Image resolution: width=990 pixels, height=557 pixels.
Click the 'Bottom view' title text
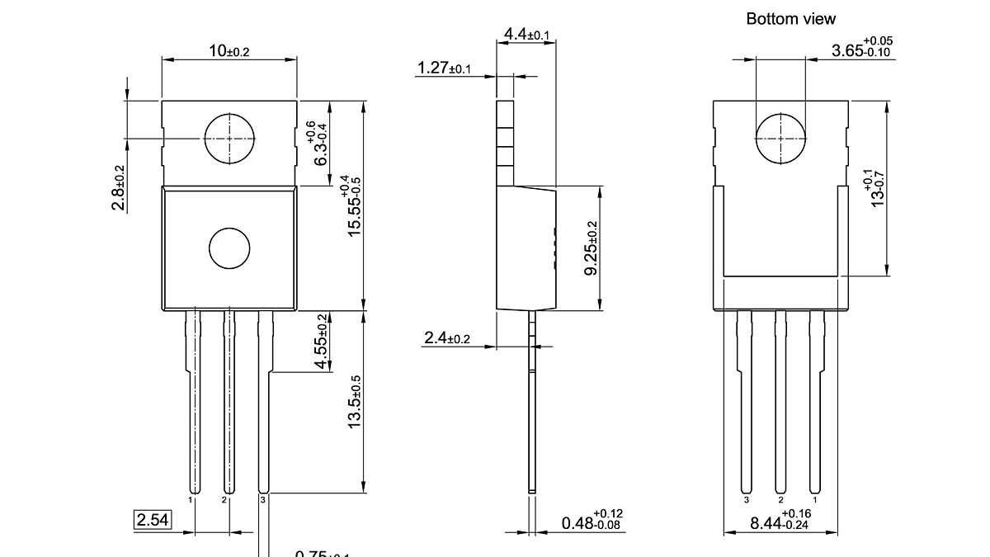tap(790, 19)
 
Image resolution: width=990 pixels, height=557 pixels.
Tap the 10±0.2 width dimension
tap(229, 51)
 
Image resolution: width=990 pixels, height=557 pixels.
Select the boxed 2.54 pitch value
tap(153, 520)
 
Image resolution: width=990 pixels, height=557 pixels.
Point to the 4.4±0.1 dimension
tap(526, 35)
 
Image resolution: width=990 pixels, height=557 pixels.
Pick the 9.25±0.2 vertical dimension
tap(591, 248)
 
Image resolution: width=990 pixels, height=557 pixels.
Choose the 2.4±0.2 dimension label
tap(446, 338)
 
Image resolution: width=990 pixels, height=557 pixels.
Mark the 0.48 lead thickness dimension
tap(592, 521)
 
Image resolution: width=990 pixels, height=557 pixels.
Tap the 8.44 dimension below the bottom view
tap(780, 521)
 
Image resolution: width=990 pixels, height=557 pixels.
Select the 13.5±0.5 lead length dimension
tap(355, 402)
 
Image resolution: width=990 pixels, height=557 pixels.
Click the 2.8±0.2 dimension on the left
tap(119, 187)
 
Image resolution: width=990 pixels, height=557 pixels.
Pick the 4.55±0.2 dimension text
tap(323, 341)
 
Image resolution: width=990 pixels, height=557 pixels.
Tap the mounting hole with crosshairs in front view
tap(229, 139)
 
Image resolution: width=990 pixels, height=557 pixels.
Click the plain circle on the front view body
tap(229, 248)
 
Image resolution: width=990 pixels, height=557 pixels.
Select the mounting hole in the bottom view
tap(780, 138)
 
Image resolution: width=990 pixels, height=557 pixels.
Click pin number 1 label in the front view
tap(191, 500)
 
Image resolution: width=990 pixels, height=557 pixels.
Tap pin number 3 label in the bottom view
tap(746, 500)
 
